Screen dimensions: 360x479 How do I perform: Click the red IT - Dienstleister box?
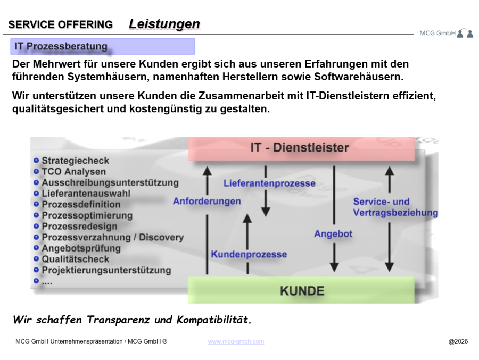[x=301, y=148]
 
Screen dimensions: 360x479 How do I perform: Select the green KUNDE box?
[x=302, y=291]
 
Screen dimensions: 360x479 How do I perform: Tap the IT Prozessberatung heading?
[x=61, y=47]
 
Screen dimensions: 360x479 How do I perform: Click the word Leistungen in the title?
[x=164, y=24]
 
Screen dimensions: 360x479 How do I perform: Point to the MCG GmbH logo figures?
[x=465, y=34]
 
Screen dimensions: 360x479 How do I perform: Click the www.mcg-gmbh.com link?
[x=236, y=341]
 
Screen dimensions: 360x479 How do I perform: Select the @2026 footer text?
[x=458, y=341]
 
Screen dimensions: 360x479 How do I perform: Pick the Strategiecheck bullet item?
[x=75, y=161]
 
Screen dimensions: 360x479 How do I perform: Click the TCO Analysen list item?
[x=73, y=172]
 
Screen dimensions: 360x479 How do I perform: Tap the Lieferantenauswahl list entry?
[x=85, y=194]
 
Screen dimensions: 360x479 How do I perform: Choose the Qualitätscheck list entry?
[x=75, y=259]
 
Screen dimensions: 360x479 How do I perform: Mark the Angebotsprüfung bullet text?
[x=81, y=248]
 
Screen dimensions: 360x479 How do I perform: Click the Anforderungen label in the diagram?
[x=207, y=202]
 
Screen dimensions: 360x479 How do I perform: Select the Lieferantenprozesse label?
[x=269, y=183]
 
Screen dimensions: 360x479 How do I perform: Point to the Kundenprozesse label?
[x=249, y=254]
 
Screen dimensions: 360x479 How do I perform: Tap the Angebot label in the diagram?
[x=333, y=234]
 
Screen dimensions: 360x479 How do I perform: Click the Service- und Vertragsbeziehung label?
[x=395, y=207]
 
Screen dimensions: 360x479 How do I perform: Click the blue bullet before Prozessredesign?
[x=36, y=227]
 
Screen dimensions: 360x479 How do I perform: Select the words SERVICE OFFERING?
[x=61, y=24]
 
